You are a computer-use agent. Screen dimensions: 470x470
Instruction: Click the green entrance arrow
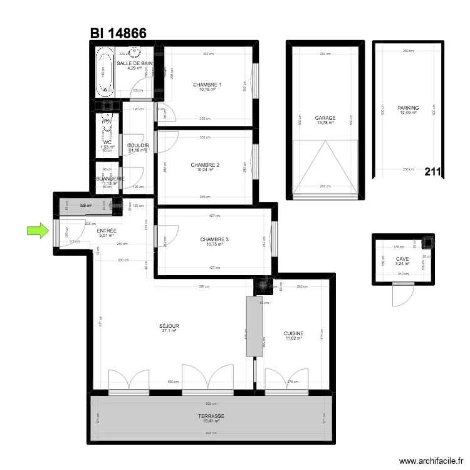(38, 231)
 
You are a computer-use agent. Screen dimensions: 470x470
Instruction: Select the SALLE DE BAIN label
(135, 63)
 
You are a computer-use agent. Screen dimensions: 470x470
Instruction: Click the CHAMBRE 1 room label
(207, 85)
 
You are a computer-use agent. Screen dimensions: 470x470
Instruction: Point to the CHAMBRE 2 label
(206, 165)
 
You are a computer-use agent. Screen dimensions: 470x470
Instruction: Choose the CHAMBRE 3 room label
(214, 239)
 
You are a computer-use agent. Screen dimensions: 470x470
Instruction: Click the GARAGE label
(325, 118)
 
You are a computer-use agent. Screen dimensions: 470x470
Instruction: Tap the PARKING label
(408, 108)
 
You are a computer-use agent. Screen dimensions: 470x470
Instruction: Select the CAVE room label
(402, 258)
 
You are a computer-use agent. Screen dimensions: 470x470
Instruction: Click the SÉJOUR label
(169, 326)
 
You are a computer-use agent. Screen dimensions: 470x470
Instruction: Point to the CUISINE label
(294, 333)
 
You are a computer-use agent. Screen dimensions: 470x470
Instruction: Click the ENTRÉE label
(107, 231)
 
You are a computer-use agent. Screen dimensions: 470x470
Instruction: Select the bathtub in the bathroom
(105, 74)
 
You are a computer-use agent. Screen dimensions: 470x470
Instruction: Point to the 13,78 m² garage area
(325, 123)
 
